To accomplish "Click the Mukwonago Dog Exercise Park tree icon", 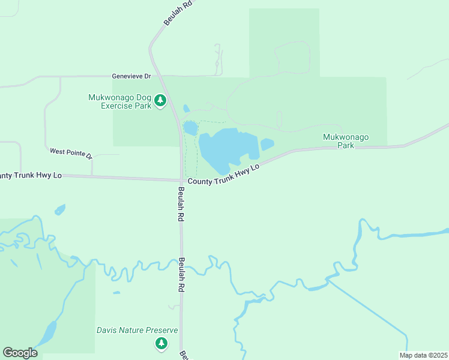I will tap(160, 101).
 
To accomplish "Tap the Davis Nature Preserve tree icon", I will tap(161, 343).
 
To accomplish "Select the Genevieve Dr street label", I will tap(131, 77).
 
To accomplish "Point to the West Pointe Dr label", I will tap(71, 154).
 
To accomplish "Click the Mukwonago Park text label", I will tap(346, 141).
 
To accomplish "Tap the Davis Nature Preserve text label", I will tap(137, 331).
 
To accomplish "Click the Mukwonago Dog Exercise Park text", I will tap(119, 101).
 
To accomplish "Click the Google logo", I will tap(20, 353).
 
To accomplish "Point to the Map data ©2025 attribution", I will tap(423, 355).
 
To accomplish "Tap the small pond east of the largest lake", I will tap(267, 145).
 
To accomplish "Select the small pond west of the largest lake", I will tap(190, 128).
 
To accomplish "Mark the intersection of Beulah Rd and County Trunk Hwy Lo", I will tap(181, 179).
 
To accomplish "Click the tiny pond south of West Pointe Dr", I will tap(59, 209).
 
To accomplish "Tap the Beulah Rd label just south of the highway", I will tap(180, 205).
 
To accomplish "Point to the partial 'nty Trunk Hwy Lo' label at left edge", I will tap(31, 175).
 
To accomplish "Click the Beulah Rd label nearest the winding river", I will tap(181, 275).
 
